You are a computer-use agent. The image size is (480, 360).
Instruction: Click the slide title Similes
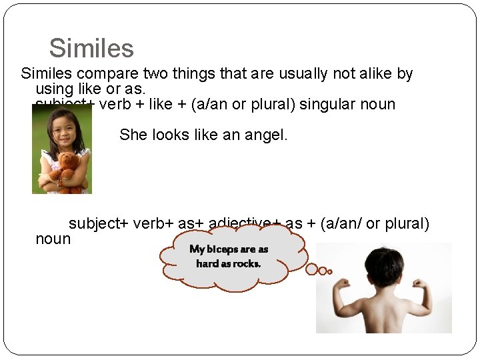[91, 48]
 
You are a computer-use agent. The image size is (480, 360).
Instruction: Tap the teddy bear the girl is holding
[67, 170]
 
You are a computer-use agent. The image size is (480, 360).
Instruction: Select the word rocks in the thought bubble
[247, 263]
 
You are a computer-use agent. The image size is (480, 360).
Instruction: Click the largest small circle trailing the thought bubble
[312, 269]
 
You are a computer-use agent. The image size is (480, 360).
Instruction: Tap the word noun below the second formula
[53, 239]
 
